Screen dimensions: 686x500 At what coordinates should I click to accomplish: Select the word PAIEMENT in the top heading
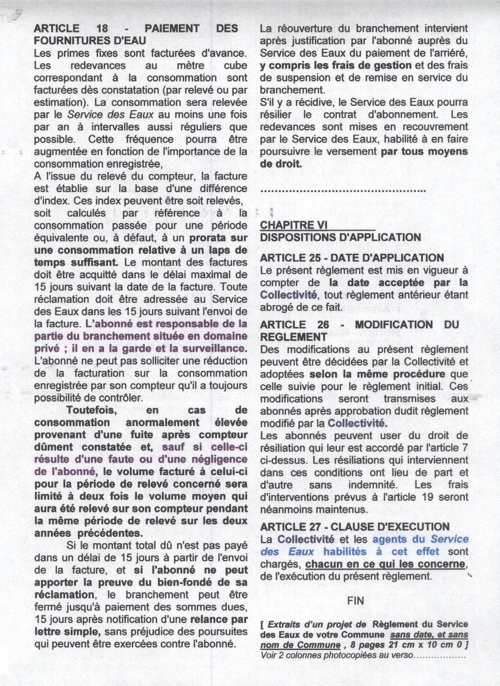coord(172,29)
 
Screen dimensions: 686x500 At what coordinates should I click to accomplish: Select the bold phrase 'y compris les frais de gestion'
coord(336,66)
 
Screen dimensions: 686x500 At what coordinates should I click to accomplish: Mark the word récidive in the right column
coord(307,102)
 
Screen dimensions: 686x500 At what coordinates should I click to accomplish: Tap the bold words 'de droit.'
coord(281,164)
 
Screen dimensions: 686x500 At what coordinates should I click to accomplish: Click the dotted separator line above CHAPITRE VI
coord(342,190)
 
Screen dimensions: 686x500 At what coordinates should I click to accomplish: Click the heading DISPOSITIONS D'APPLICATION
coord(340,237)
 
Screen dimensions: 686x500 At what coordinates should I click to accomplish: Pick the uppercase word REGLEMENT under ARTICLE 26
coord(293,337)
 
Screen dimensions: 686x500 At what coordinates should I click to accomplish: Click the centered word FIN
coord(355,601)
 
